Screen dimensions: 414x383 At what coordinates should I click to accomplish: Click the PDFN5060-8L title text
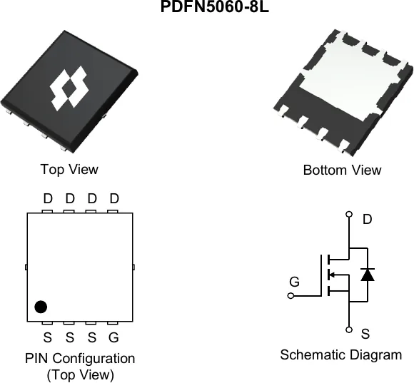coord(215,6)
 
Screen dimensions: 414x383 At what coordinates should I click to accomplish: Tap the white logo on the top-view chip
coord(69,88)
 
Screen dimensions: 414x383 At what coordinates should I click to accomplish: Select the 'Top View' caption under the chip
coord(69,169)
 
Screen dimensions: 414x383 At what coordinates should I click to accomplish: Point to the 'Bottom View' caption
coord(342,170)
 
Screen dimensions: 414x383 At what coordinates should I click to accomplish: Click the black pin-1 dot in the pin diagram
coord(41,307)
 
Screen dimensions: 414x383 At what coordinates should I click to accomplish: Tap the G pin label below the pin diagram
coord(113,337)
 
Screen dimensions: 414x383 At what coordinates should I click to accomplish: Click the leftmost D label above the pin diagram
coord(48,198)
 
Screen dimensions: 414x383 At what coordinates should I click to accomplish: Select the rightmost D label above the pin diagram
coord(114,198)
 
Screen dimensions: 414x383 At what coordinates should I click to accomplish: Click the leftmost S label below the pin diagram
coord(48,337)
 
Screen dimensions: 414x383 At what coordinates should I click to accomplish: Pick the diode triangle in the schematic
coord(368,275)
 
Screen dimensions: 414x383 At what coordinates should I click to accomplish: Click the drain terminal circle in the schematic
coord(349,214)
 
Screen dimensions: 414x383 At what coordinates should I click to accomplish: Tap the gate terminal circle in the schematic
coord(291,296)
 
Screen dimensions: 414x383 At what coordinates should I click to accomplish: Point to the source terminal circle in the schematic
coord(349,330)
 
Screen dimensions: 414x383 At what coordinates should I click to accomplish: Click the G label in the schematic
coord(294,282)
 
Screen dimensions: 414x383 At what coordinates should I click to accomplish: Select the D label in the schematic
coord(368,219)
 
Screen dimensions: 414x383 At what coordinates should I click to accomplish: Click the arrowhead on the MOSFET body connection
coord(333,275)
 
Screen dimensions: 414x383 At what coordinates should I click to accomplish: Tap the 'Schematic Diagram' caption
coord(341,354)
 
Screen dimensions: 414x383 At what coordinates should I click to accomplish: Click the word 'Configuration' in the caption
coord(94,359)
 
